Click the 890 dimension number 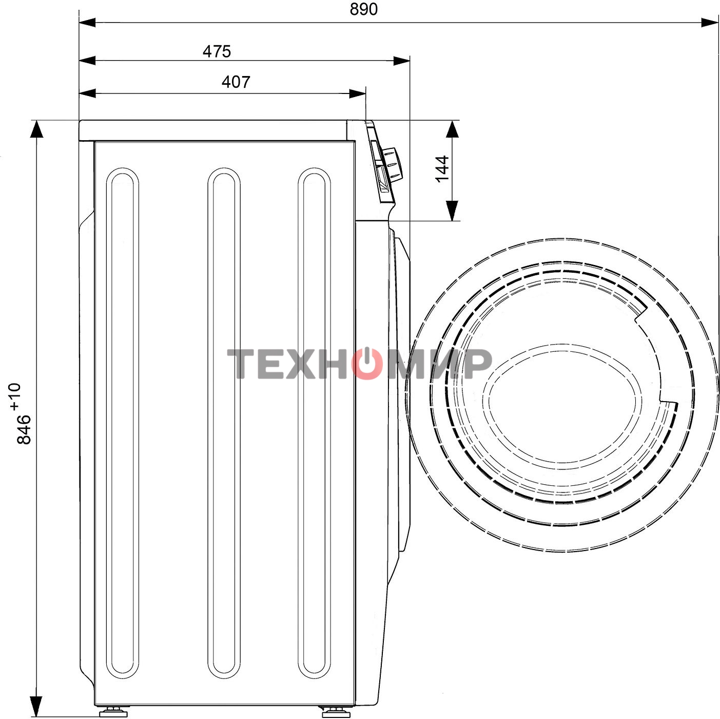[363, 9]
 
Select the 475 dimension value [217, 51]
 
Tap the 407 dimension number [236, 82]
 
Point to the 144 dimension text [442, 169]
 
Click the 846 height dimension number [24, 429]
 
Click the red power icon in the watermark [367, 363]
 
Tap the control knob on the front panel [392, 163]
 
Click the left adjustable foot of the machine [113, 712]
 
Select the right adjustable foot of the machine [336, 712]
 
